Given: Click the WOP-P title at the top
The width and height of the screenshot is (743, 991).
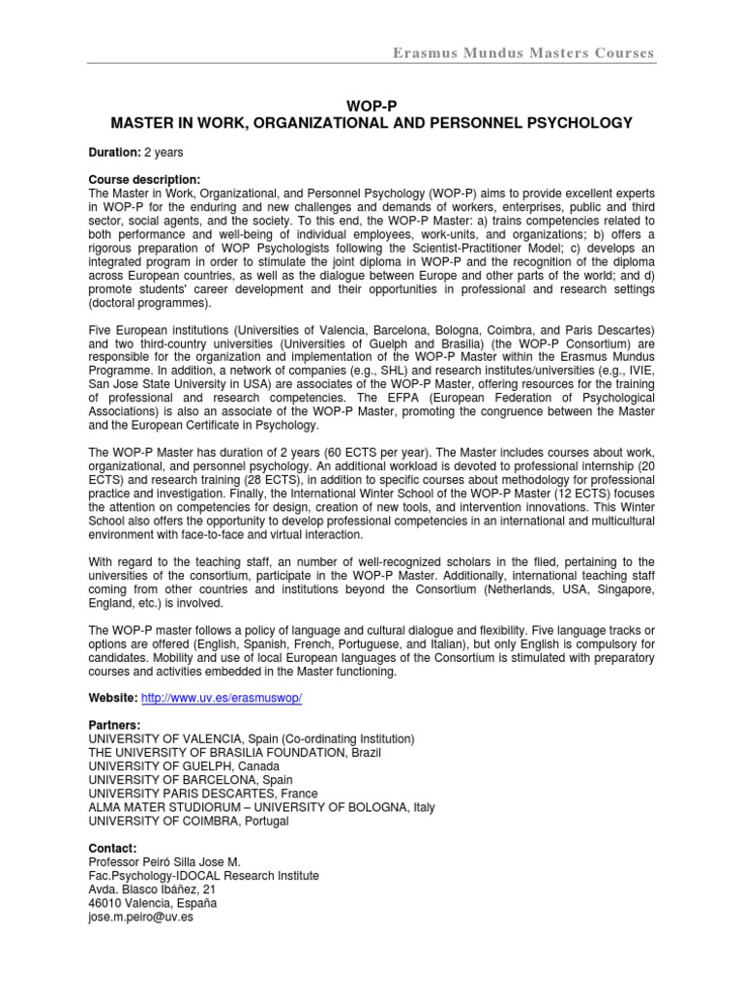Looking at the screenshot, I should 371,105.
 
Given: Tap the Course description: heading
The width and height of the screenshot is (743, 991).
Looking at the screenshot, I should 144,180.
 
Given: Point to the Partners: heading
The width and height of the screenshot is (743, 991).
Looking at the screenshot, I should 114,725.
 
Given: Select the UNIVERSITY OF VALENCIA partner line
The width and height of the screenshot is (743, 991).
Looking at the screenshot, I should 252,738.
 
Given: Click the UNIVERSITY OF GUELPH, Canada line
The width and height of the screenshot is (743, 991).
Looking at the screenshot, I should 190,766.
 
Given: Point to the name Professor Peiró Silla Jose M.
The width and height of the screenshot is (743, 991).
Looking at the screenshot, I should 185,862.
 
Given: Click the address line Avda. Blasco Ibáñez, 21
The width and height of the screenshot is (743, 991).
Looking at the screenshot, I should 152,889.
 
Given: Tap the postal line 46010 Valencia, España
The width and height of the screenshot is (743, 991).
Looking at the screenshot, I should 153,903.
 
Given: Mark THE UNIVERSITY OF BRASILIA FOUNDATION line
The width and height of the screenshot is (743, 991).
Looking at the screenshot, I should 234,753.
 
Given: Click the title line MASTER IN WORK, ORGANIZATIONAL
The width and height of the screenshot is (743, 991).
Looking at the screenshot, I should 371,123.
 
